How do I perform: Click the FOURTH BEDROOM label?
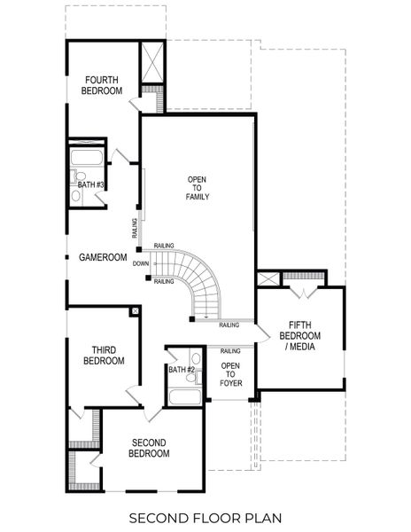(x=102, y=84)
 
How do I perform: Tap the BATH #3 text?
(x=91, y=184)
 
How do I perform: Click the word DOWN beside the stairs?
(x=140, y=263)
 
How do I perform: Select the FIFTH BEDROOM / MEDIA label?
(x=300, y=335)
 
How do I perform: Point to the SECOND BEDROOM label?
(x=150, y=448)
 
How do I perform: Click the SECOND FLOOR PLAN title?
(x=205, y=516)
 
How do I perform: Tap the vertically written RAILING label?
(x=135, y=229)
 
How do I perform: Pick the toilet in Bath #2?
(x=192, y=376)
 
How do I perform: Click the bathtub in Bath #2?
(x=186, y=395)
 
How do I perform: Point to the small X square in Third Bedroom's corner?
(x=134, y=311)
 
